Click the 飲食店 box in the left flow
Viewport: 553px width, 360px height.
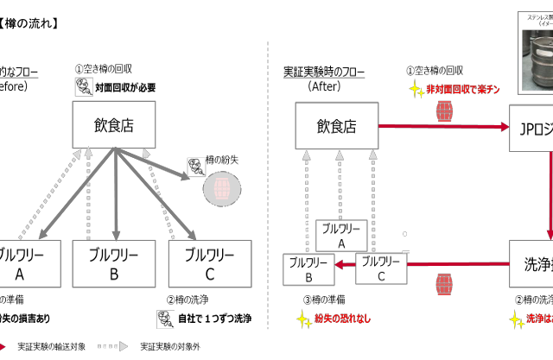(x=116, y=125)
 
